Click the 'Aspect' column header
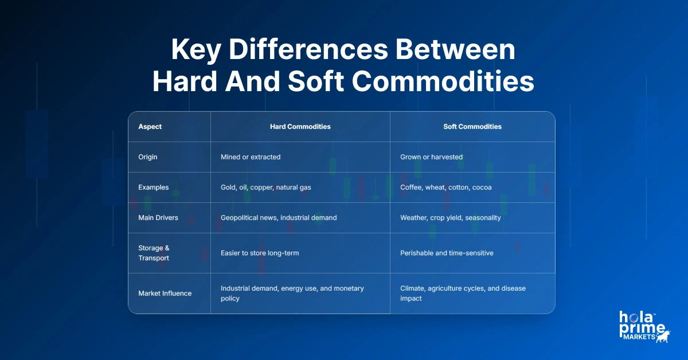pyautogui.click(x=150, y=127)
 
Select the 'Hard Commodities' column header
pyautogui.click(x=300, y=127)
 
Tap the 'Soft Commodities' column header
pyautogui.click(x=472, y=127)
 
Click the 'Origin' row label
pyautogui.click(x=148, y=157)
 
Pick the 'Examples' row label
pyautogui.click(x=153, y=187)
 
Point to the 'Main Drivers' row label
pyautogui.click(x=158, y=218)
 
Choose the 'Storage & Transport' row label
pyautogui.click(x=154, y=253)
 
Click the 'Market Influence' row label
pyautogui.click(x=165, y=294)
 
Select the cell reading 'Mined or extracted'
pyautogui.click(x=251, y=157)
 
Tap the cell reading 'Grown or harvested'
pyautogui.click(x=431, y=157)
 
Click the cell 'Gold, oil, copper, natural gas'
pyautogui.click(x=266, y=187)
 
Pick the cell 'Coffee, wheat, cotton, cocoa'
pyautogui.click(x=445, y=187)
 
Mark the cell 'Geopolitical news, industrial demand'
pyautogui.click(x=279, y=218)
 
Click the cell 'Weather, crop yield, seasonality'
pyautogui.click(x=450, y=218)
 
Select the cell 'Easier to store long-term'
pyautogui.click(x=260, y=253)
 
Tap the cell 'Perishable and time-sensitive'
pyautogui.click(x=447, y=253)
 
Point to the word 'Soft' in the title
pyautogui.click(x=315, y=82)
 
